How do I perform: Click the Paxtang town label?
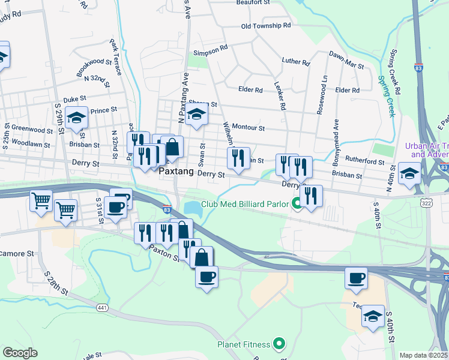pos(178,172)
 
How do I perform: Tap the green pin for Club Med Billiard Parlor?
pos(296,203)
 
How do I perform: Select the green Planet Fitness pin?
pos(278,344)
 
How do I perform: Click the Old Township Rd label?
pos(265,26)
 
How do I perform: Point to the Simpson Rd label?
pos(210,47)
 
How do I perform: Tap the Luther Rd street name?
pos(296,62)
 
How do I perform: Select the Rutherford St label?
pos(366,162)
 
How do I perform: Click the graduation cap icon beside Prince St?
pos(77,118)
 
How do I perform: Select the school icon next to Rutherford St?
pos(410,173)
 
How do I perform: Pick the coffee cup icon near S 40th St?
pos(356,278)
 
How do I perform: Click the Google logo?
pos(20,353)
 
